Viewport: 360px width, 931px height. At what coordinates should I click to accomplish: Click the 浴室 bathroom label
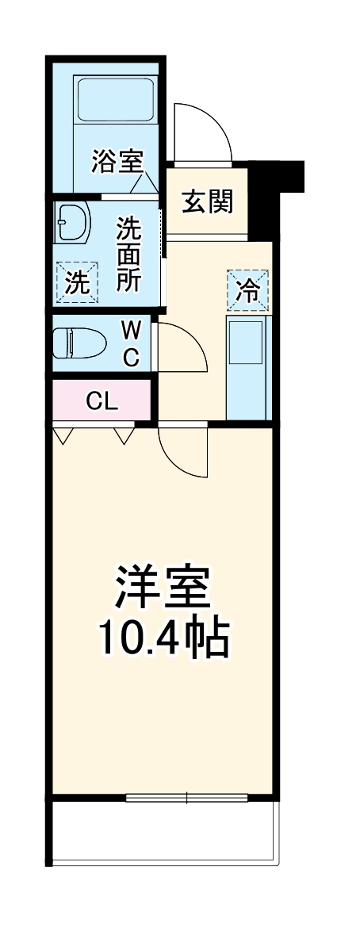point(116,162)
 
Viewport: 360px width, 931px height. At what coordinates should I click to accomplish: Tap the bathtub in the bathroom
point(116,98)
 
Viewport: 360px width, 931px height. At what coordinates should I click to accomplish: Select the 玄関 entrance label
point(209,201)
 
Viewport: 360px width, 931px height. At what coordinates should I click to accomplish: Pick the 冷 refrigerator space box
point(248,290)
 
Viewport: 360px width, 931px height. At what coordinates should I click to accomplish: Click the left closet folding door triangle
point(65,435)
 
